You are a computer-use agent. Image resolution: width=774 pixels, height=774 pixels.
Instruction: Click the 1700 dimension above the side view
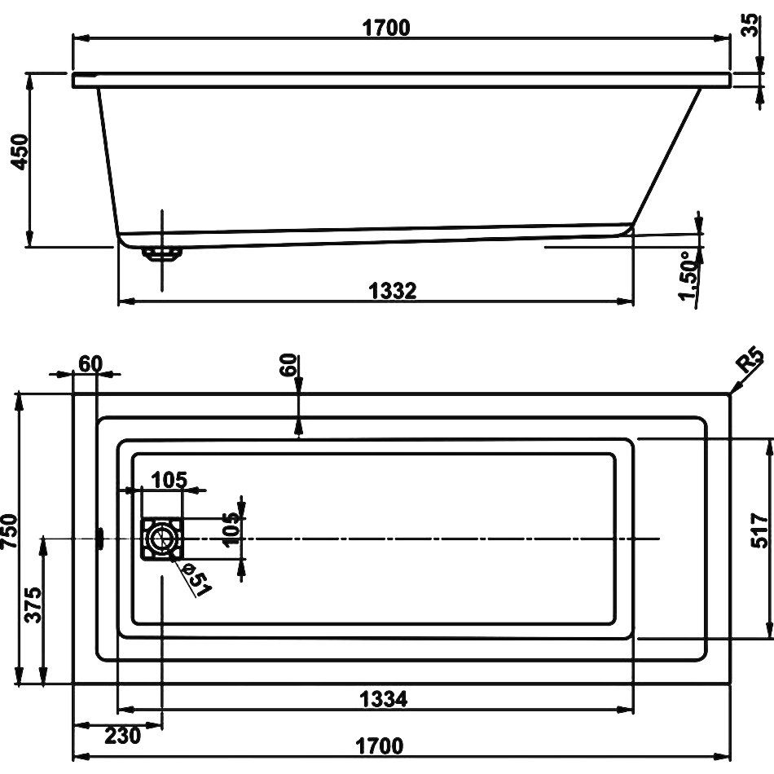click(386, 28)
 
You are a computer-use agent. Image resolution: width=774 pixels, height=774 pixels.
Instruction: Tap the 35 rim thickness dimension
click(750, 24)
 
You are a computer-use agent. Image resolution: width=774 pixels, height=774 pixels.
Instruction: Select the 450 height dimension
click(20, 152)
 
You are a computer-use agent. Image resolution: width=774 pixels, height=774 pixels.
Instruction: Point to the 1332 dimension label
click(393, 291)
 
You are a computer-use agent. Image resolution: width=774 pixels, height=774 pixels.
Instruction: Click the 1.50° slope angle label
click(689, 275)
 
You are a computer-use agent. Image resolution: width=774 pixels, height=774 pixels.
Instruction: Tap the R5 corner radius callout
click(750, 359)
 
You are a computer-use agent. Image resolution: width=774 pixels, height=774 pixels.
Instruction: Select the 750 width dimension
click(10, 530)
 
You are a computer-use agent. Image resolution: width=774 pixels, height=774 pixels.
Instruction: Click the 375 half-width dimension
click(33, 605)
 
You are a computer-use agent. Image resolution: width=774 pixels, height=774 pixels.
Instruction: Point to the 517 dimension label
click(759, 530)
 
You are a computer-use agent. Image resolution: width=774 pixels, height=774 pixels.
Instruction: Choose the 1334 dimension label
click(384, 699)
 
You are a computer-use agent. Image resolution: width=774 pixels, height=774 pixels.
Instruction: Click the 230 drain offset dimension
click(122, 736)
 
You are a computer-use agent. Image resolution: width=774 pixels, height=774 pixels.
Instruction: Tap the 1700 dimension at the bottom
click(380, 745)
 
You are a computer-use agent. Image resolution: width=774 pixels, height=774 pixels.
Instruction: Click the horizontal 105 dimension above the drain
click(169, 480)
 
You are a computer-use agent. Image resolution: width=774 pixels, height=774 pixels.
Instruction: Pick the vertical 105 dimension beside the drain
click(231, 530)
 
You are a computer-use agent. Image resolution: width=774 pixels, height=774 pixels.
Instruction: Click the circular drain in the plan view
click(161, 539)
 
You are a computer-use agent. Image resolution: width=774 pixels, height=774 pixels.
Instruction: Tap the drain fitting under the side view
click(161, 253)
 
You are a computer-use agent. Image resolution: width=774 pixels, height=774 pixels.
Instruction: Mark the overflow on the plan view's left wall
click(100, 539)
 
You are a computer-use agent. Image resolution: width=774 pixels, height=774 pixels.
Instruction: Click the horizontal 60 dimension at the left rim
click(90, 364)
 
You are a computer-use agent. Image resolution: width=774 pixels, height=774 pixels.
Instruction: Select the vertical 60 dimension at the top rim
click(290, 365)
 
